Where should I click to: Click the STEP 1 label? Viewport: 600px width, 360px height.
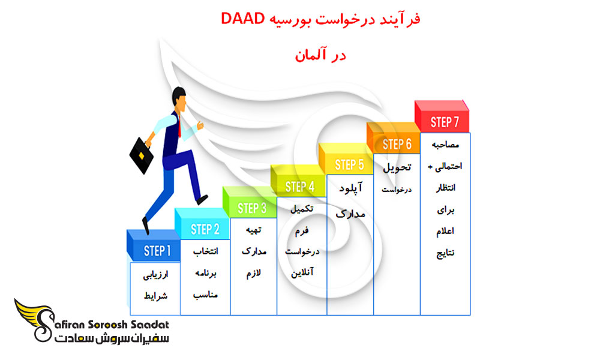(x=157, y=250)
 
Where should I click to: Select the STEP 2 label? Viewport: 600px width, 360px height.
(x=205, y=229)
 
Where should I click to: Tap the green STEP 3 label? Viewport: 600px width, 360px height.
(x=252, y=208)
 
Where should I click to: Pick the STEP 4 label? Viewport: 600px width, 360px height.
(x=300, y=187)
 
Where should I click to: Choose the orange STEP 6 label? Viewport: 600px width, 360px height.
(x=397, y=144)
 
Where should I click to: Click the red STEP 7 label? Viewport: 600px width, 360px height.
(x=445, y=122)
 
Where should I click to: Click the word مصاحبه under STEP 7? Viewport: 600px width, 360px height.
(x=445, y=145)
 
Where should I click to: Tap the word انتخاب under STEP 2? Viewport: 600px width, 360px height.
(x=205, y=252)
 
